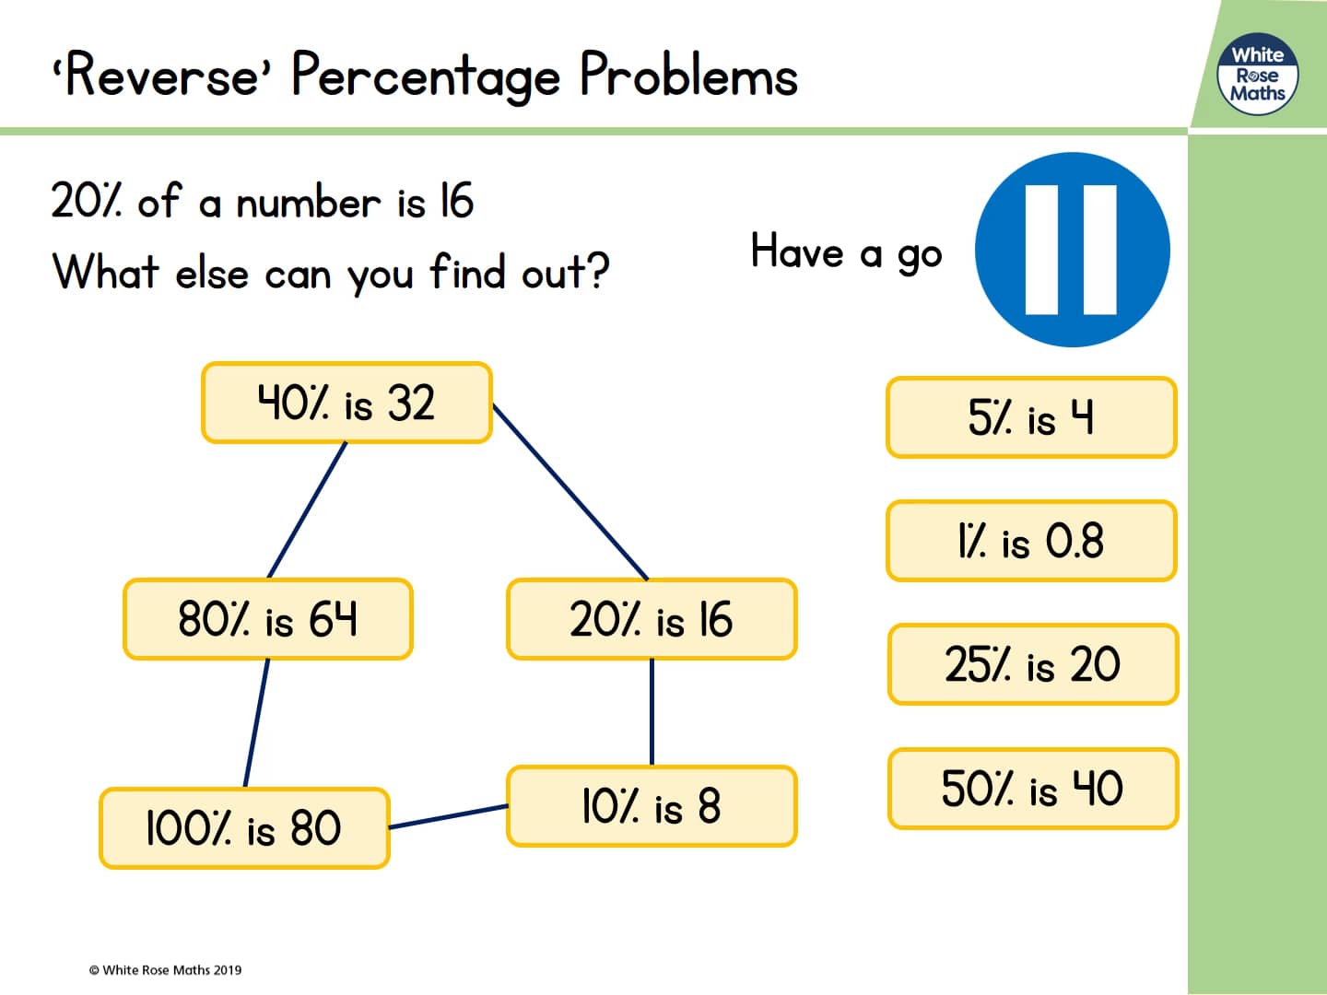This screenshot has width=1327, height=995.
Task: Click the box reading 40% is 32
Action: [346, 404]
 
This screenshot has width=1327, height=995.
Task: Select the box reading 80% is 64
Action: [267, 619]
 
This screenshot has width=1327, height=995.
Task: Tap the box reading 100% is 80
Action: [244, 828]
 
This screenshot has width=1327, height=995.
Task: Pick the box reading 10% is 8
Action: [652, 806]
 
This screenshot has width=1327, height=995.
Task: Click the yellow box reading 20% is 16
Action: [652, 619]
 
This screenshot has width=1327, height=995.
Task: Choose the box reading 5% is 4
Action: [1031, 417]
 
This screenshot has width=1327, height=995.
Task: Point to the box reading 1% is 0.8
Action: [1031, 541]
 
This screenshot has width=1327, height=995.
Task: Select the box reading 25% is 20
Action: [1032, 664]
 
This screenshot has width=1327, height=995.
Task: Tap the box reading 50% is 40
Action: [1032, 789]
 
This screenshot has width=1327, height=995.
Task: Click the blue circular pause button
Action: [1072, 250]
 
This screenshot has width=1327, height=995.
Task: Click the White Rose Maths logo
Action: [1258, 75]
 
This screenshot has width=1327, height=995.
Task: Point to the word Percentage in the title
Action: [425, 76]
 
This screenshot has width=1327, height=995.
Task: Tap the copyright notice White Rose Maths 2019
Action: [166, 969]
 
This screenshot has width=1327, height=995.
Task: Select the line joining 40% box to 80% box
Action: [307, 510]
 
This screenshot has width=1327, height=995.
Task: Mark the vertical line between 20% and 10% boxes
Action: [652, 712]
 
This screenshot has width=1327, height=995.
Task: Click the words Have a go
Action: [846, 252]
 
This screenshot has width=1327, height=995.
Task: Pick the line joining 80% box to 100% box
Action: [256, 723]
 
